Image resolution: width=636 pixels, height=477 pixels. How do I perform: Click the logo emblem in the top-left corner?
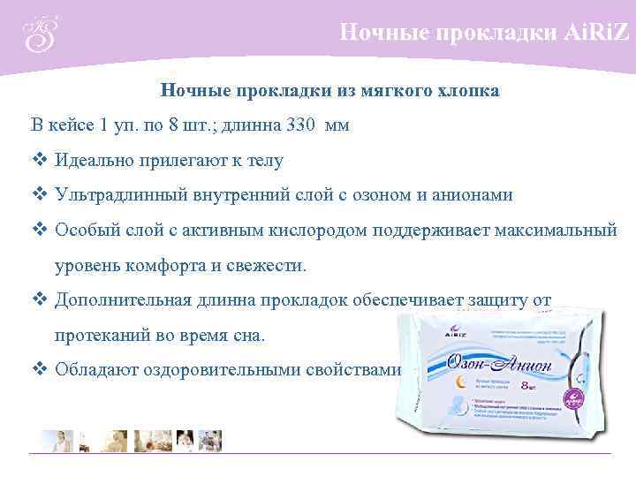point(39,34)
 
